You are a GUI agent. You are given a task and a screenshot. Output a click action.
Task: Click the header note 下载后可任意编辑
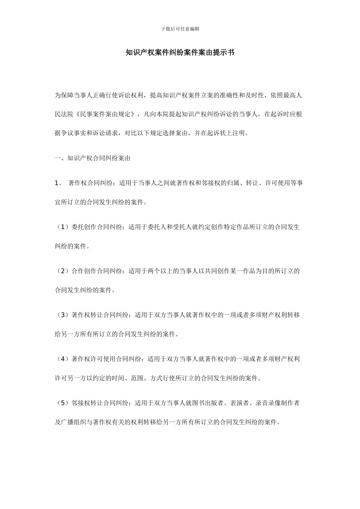tap(180, 29)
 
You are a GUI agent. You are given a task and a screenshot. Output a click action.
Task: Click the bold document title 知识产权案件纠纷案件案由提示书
tap(180, 53)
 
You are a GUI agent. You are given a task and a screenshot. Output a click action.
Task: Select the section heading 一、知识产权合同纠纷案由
tap(92, 158)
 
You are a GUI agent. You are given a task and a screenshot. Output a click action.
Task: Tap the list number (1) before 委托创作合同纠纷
tap(62, 227)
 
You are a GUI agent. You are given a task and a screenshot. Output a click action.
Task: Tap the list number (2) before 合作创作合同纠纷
tap(62, 271)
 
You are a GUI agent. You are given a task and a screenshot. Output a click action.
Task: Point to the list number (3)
tap(62, 315)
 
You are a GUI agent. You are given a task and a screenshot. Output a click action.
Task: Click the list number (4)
tap(62, 359)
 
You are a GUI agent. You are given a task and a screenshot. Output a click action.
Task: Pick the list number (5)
tap(62, 403)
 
